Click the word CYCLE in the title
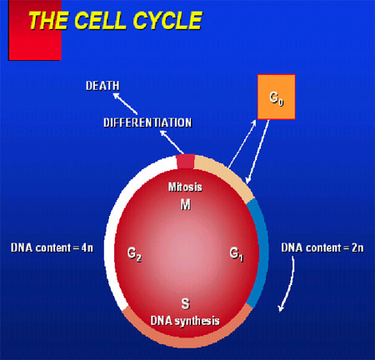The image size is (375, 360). pos(167,20)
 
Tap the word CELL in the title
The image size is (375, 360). pos(100,20)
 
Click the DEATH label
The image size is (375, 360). pos(102,86)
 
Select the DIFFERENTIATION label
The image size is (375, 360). pos(147,122)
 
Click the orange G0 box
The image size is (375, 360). pos(277,97)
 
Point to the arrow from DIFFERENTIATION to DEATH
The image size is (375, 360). pos(125,103)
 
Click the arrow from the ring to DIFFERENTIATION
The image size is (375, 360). pos(172,142)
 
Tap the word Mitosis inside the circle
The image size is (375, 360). pos(185,187)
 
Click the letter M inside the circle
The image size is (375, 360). pos(186,205)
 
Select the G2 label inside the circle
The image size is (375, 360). pos(134,254)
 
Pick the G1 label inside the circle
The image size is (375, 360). pos(237,254)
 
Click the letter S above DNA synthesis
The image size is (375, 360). pos(186,303)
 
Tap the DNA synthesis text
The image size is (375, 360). pos(185,321)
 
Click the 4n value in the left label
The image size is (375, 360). pos(87,247)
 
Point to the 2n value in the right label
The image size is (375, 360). pos(357,247)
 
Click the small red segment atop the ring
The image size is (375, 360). pos(186,162)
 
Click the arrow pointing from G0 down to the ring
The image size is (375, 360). pos(257,152)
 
